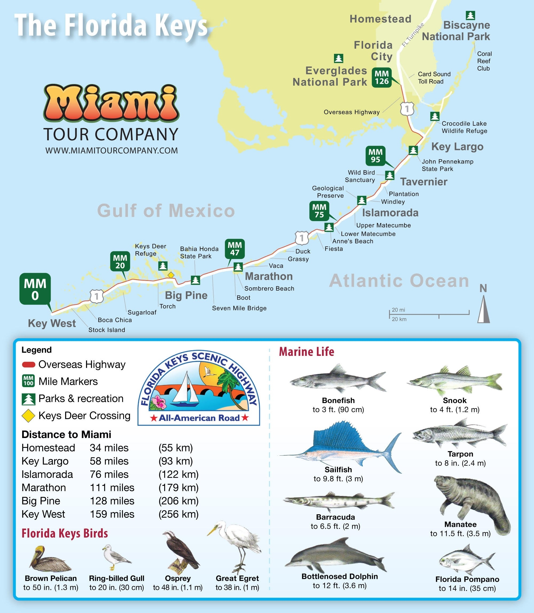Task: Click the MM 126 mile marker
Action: [x=382, y=77]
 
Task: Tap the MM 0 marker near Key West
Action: [x=35, y=289]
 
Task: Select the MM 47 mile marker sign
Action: [x=235, y=249]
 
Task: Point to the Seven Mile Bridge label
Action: [x=239, y=308]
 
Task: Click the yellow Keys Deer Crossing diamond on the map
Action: [x=171, y=275]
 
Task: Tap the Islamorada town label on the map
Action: [x=390, y=213]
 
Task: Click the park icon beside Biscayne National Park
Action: [x=470, y=15]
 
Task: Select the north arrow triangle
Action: [x=483, y=311]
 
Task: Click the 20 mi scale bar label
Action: [x=398, y=310]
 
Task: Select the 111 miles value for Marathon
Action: [x=112, y=488]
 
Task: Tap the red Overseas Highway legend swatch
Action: [x=29, y=364]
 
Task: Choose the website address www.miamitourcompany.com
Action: [x=111, y=151]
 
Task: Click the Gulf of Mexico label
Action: [x=166, y=211]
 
